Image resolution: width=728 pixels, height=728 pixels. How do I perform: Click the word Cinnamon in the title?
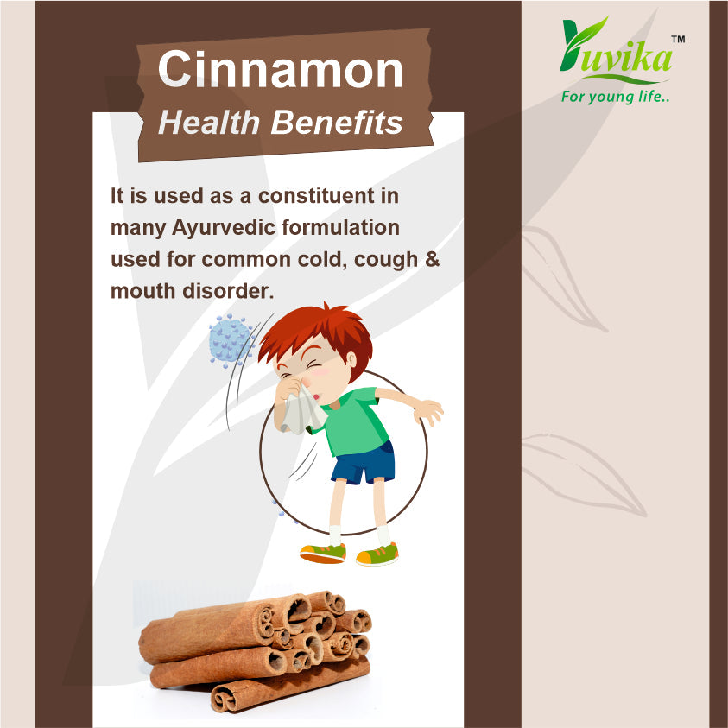tap(281, 69)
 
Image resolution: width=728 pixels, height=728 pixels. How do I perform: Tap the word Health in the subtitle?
tap(208, 123)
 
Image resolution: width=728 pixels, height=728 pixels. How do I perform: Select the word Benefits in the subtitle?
tap(337, 123)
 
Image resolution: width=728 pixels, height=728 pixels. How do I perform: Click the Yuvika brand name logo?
tap(616, 48)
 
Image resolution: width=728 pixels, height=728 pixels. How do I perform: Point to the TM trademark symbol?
tap(678, 40)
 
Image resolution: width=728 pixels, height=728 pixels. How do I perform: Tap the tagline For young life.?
tap(615, 97)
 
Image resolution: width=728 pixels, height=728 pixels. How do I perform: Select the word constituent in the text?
tap(317, 196)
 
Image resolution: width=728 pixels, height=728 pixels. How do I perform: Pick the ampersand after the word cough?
tap(433, 259)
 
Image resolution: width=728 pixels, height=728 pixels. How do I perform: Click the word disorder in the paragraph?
tap(228, 291)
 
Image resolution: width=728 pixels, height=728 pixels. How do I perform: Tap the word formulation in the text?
tap(341, 227)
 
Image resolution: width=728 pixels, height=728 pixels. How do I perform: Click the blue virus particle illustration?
tap(231, 339)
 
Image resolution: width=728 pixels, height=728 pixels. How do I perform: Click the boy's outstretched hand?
tap(428, 411)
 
